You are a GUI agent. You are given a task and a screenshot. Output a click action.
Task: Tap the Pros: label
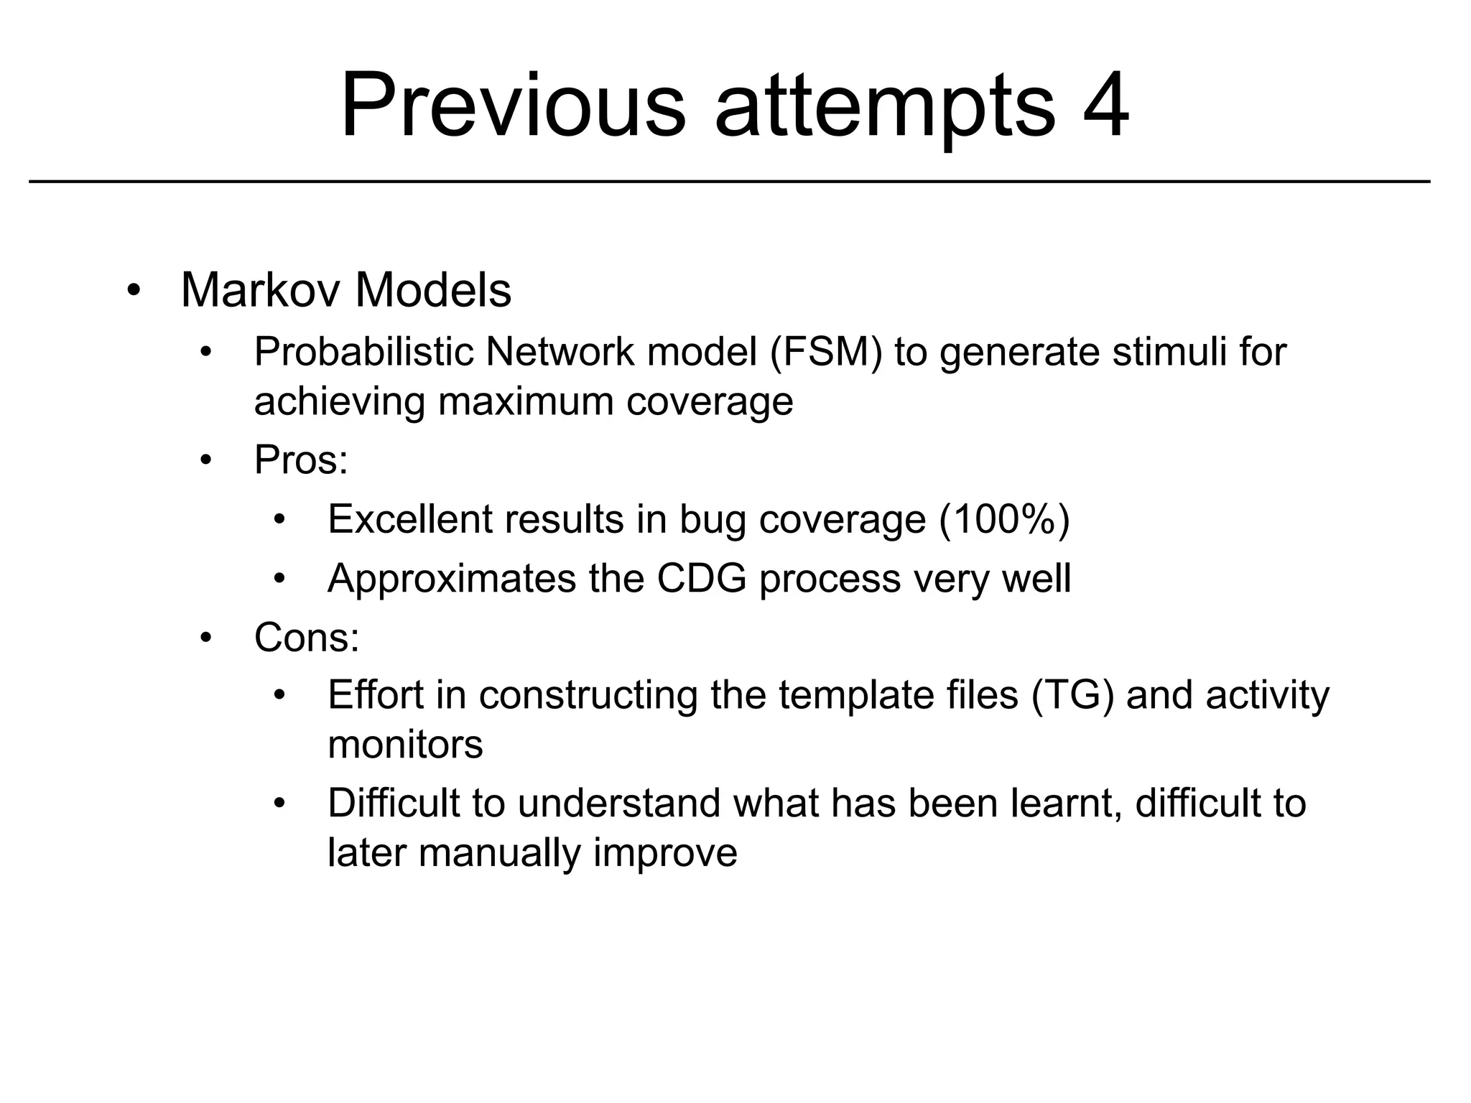click(x=300, y=460)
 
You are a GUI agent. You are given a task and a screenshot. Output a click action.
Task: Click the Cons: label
click(x=307, y=637)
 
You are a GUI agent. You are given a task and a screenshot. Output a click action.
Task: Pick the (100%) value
click(x=1004, y=518)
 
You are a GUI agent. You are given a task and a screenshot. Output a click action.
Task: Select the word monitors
click(x=405, y=745)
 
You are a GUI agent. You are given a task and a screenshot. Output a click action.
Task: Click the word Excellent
click(x=410, y=518)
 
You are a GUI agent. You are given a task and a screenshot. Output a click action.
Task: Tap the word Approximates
click(x=452, y=578)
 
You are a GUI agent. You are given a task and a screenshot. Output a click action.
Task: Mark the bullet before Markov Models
click(x=133, y=291)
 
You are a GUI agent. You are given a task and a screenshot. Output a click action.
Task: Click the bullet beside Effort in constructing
click(x=280, y=696)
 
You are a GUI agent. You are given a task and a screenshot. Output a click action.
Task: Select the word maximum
click(x=526, y=401)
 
